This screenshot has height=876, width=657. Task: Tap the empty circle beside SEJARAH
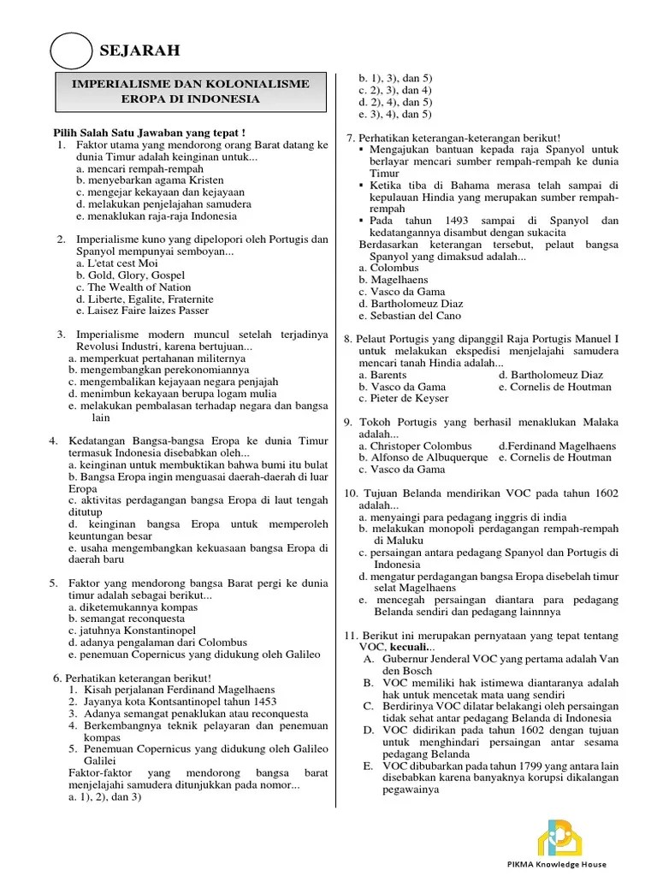pyautogui.click(x=71, y=51)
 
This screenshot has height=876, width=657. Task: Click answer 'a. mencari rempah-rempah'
pyautogui.click(x=127, y=169)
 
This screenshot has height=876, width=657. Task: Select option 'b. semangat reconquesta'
pyautogui.click(x=129, y=619)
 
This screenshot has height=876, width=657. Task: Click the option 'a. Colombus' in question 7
pyautogui.click(x=389, y=268)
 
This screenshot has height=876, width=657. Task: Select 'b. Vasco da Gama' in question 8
pyautogui.click(x=402, y=387)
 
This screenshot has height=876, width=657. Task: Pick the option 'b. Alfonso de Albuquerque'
pyautogui.click(x=423, y=458)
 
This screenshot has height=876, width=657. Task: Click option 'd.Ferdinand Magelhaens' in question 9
pyautogui.click(x=557, y=446)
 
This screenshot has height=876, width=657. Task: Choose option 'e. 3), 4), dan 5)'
pyautogui.click(x=395, y=114)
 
